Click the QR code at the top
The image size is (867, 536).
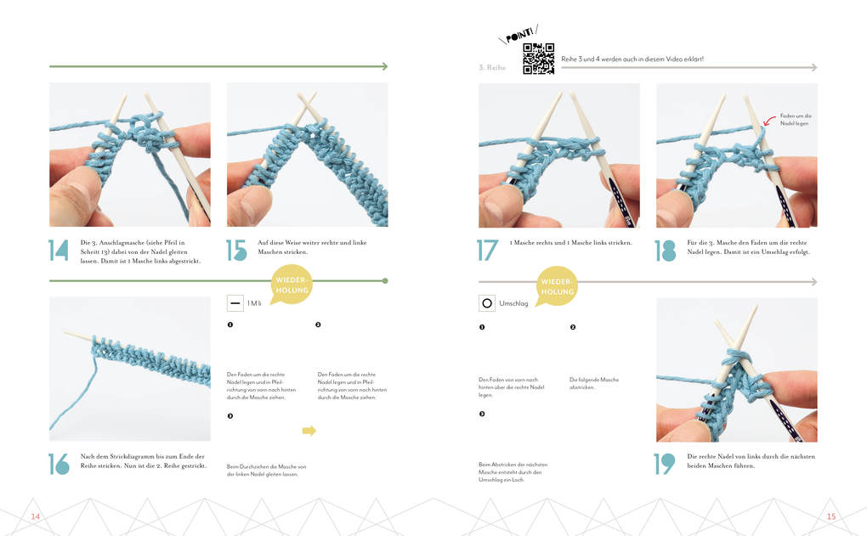[x=538, y=59]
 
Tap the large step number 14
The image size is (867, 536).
[x=59, y=251]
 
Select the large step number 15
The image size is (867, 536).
[x=236, y=251]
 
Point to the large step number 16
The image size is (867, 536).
[x=59, y=463]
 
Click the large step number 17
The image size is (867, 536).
[x=487, y=251]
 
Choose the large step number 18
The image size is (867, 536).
[x=665, y=251]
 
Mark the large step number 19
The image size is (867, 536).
[x=665, y=464]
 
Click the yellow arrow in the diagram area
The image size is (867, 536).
[x=309, y=431]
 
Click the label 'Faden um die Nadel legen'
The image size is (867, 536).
[x=796, y=119]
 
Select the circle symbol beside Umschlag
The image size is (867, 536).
[x=487, y=303]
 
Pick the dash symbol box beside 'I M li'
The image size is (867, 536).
[x=235, y=303]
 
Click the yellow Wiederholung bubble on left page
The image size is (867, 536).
[x=291, y=285]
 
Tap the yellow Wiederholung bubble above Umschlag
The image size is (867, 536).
[x=556, y=286]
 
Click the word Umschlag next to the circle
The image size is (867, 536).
[x=514, y=303]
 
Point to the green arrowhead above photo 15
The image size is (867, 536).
[x=383, y=66]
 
